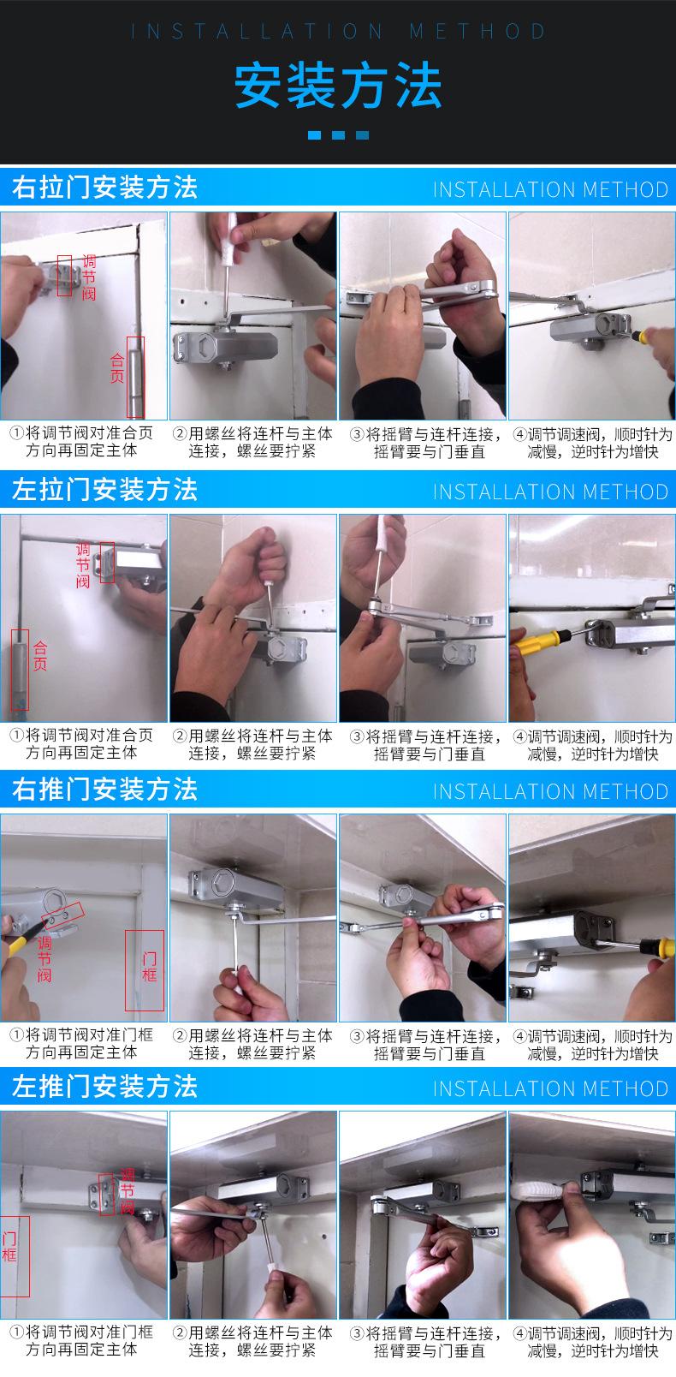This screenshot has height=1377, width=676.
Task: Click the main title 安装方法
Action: pos(338,86)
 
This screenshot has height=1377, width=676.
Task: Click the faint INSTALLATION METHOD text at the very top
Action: pos(338,32)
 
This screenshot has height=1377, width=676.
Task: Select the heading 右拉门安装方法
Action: pos(104,188)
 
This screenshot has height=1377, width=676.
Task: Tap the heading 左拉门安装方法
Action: pos(104,490)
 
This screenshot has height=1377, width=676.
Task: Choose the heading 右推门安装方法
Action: pos(104,790)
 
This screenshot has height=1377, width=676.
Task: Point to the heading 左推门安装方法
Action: pos(104,1086)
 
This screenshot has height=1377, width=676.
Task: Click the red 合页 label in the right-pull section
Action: pos(116,367)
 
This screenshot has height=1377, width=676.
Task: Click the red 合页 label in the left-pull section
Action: pos(40,655)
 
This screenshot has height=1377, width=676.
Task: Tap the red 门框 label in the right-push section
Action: pos(150,966)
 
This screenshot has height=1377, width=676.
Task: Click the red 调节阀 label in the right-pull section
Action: pos(89,277)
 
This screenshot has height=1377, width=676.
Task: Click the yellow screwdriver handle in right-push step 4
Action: pos(657,948)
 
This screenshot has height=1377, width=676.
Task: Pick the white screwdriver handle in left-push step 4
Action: pos(536,1189)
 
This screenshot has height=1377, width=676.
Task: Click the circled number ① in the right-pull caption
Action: pos(16,432)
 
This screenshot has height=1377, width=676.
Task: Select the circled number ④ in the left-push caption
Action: pos(519,1333)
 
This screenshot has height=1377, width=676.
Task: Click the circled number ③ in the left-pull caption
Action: pos(357,736)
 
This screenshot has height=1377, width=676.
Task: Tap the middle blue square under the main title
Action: pos(338,135)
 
